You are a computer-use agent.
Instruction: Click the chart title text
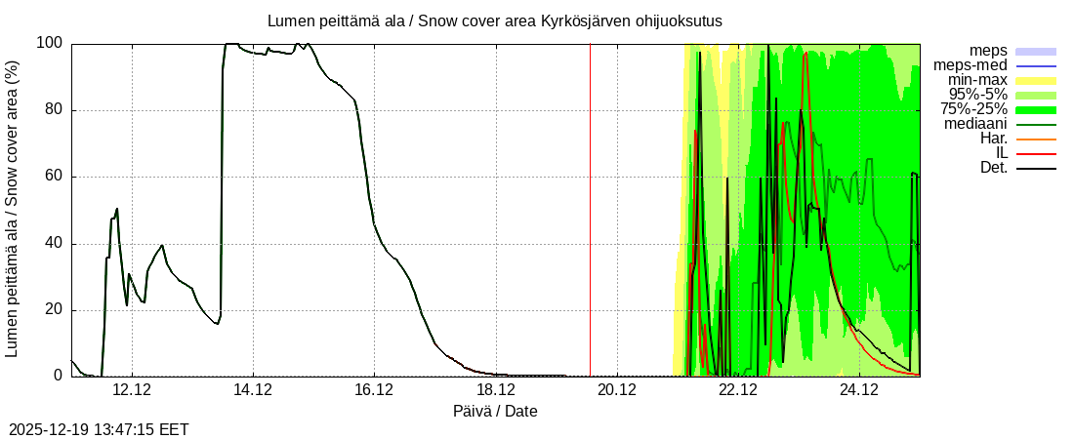(x=494, y=20)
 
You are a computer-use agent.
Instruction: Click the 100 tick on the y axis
(x=50, y=43)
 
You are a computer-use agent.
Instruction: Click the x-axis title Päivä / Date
(x=495, y=412)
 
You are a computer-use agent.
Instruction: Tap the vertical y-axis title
(x=13, y=209)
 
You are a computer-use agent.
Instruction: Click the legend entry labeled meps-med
(x=972, y=65)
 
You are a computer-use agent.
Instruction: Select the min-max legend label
(x=977, y=80)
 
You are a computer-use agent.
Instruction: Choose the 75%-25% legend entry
(x=973, y=109)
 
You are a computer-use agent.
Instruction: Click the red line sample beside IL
(x=1036, y=153)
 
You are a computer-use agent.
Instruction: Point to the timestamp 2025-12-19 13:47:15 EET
(x=99, y=429)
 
